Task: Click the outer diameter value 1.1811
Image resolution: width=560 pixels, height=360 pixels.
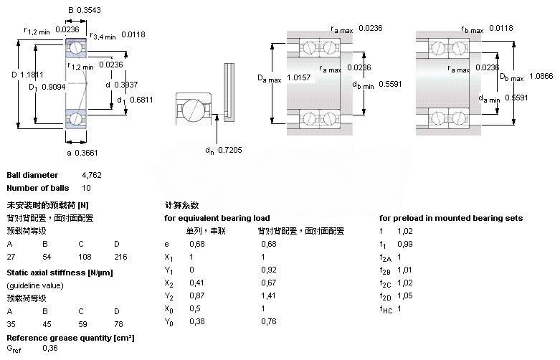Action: pos(33,73)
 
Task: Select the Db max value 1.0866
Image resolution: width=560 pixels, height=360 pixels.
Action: pos(539,75)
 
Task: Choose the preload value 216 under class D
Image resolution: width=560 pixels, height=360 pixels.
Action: pos(120,256)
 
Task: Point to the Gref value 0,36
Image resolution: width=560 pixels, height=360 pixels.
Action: pos(50,348)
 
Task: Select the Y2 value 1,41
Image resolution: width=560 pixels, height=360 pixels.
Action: pos(268,295)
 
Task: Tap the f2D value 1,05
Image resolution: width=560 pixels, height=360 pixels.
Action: pos(405,295)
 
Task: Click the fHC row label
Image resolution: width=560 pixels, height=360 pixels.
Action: pos(386,309)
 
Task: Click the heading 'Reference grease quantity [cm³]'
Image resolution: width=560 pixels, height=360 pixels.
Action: pos(71,337)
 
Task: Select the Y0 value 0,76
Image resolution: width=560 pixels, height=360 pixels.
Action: pos(268,322)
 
